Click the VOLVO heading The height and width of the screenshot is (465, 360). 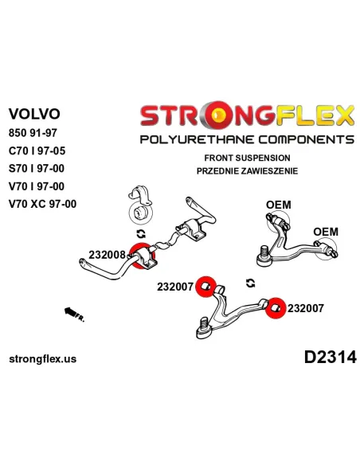coord(34,114)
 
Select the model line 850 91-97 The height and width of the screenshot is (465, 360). coord(33,133)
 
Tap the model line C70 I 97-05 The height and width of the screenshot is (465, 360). coord(37,151)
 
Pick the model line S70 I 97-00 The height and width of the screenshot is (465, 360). coord(37,169)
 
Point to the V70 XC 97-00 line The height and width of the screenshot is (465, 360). coord(43,204)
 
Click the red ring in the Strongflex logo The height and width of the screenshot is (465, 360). coord(219,115)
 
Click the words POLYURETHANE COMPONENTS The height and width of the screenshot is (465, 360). coord(247,139)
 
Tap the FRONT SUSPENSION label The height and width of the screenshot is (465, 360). coord(247,158)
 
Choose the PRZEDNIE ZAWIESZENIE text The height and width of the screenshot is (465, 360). coord(247,171)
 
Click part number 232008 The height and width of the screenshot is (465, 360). coord(107,255)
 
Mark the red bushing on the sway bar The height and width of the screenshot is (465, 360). coord(143,256)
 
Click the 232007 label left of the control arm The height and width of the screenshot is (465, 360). coord(175,287)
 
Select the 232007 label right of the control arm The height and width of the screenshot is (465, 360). coord(305,308)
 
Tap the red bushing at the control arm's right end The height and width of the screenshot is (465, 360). coord(276,307)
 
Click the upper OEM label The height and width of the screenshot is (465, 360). coord(279,205)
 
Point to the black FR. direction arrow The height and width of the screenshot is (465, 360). coord(71,311)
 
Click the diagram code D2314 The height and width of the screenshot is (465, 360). coord(330,357)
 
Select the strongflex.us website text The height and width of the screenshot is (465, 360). coord(43,359)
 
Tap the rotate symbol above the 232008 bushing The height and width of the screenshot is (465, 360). coord(141,234)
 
